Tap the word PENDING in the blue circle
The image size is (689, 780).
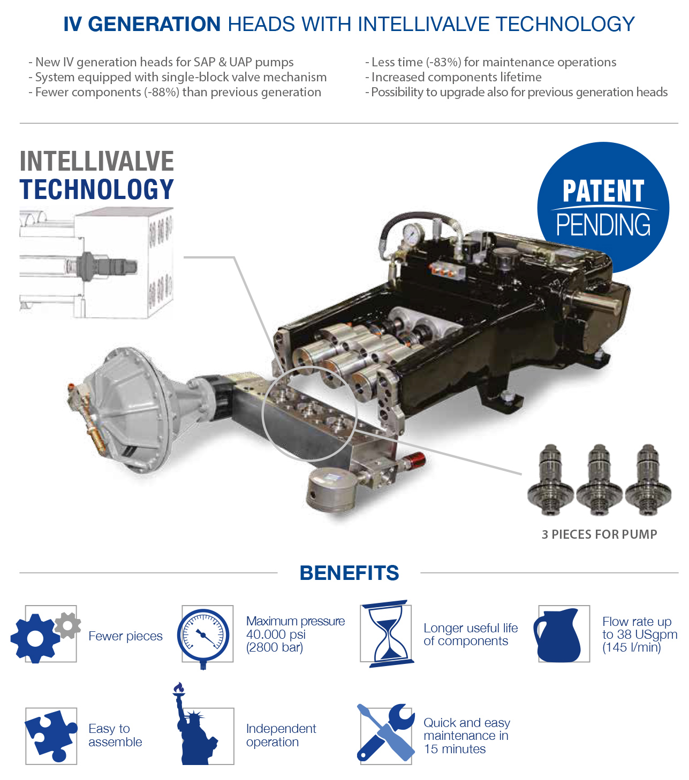pos(603,225)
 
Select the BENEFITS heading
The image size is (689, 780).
pos(349,572)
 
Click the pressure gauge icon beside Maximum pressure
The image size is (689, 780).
pos(203,637)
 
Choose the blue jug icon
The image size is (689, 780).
pos(557,635)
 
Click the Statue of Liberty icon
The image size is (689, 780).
pos(194,724)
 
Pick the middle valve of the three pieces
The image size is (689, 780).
pos(599,480)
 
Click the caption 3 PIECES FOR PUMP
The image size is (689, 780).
pos(599,534)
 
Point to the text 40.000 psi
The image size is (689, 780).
pos(276,634)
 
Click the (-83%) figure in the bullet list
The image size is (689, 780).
pos(443,63)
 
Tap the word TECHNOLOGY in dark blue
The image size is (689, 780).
pos(96,189)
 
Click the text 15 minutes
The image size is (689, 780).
pos(455,749)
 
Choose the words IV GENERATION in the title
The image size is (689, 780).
pos(142,24)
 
